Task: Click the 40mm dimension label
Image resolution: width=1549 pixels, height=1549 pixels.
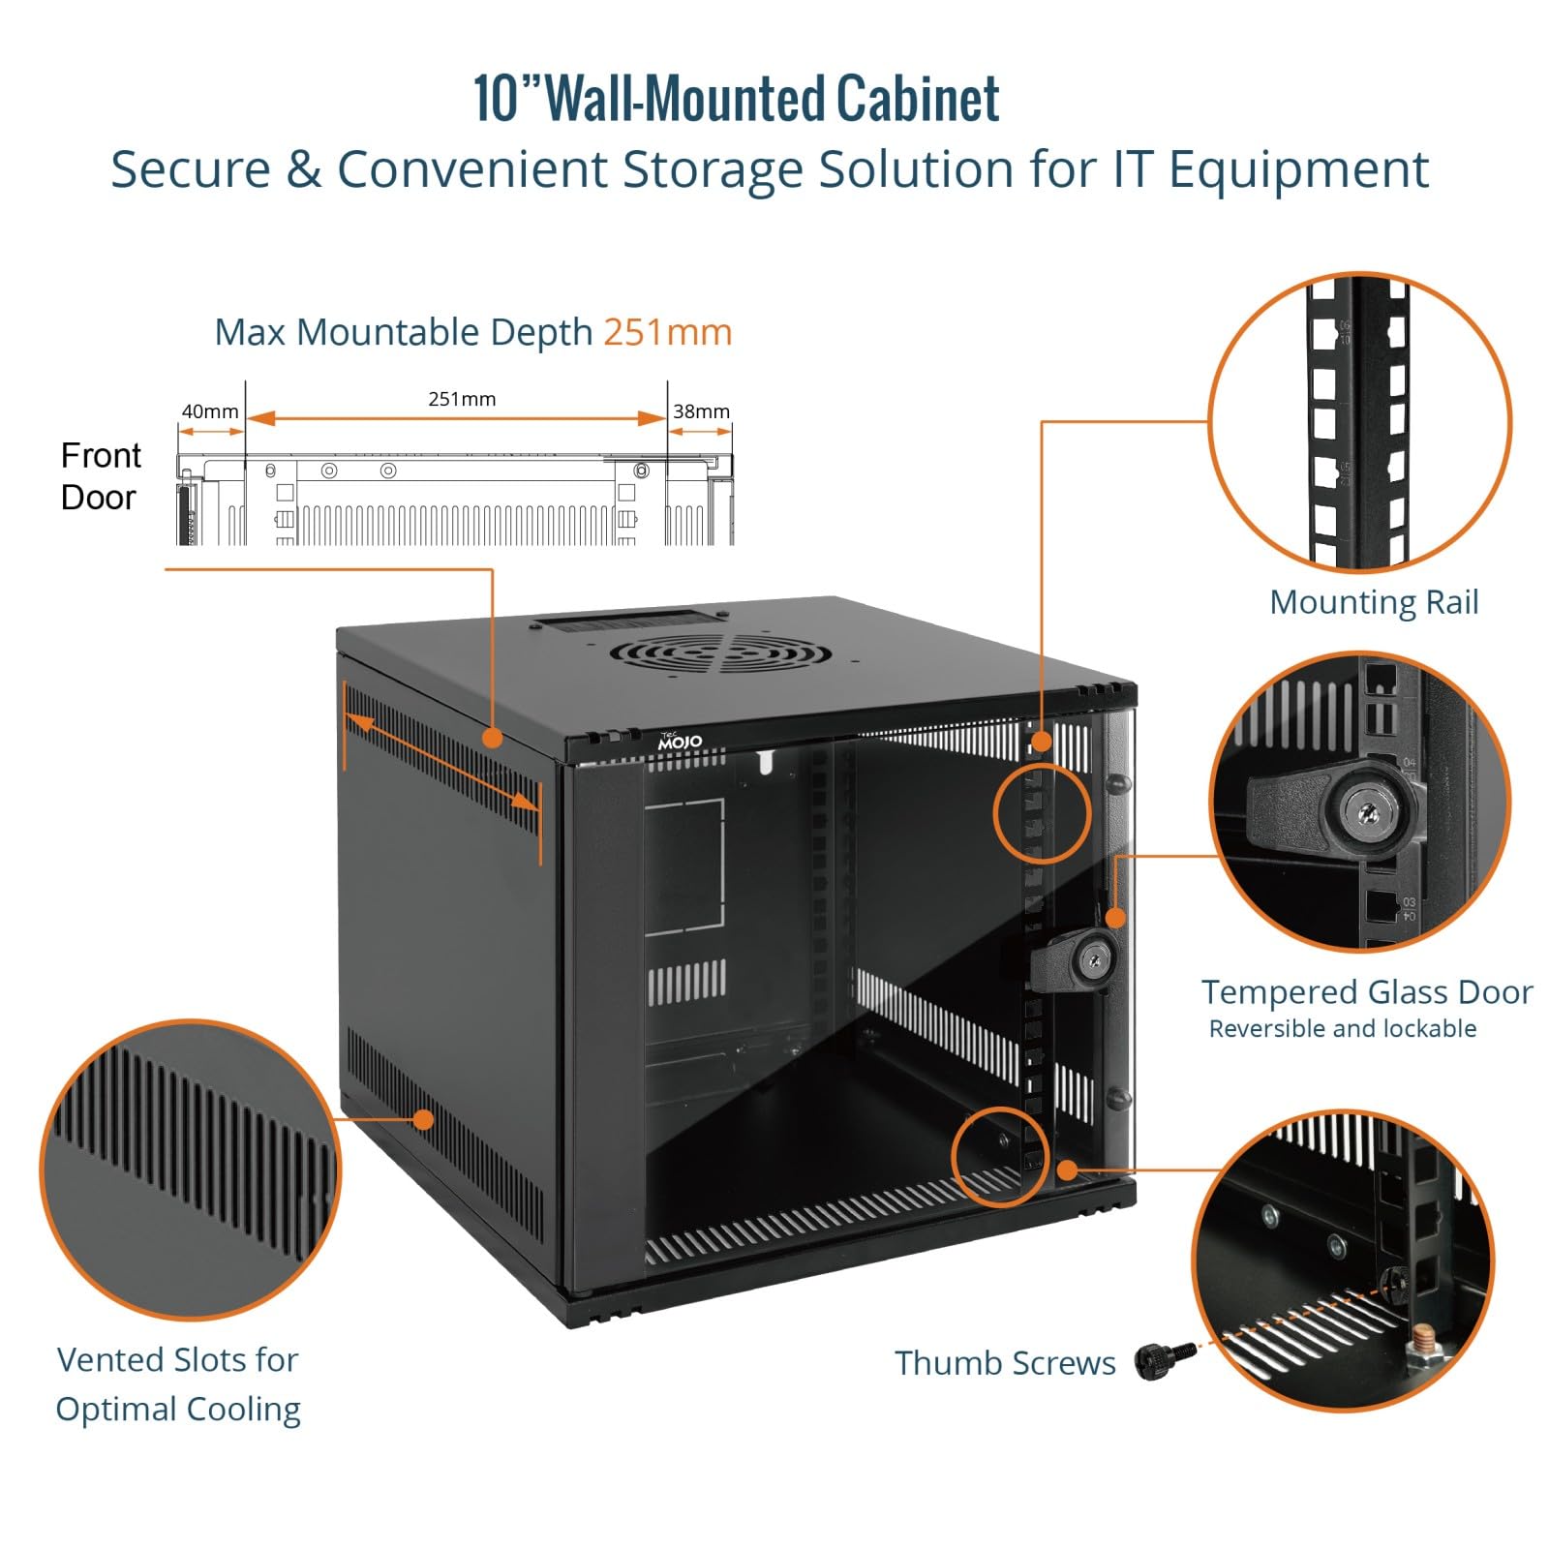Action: coord(210,411)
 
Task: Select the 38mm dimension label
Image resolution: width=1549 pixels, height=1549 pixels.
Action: coord(701,411)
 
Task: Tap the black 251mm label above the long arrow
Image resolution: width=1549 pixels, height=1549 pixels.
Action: coord(462,399)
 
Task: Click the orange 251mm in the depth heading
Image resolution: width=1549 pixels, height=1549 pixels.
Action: coord(668,332)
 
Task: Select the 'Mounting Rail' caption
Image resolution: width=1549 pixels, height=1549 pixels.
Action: coord(1374,602)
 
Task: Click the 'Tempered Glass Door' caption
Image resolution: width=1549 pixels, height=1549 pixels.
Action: coord(1367,992)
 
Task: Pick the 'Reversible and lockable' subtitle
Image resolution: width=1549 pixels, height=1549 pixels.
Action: coord(1343,1029)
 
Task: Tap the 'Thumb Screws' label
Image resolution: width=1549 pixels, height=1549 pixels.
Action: coord(1005,1363)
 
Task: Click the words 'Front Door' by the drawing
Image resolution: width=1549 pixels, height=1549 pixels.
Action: coord(100,476)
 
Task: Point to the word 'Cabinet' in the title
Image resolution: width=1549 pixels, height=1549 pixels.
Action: coord(918,99)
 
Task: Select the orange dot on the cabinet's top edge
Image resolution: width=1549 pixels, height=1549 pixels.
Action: coord(493,739)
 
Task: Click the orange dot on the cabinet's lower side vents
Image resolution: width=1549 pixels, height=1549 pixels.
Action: coord(423,1120)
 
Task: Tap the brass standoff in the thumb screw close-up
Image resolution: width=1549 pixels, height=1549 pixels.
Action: coord(1418,1343)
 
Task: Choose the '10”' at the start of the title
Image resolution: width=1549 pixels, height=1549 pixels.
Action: coord(508,99)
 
